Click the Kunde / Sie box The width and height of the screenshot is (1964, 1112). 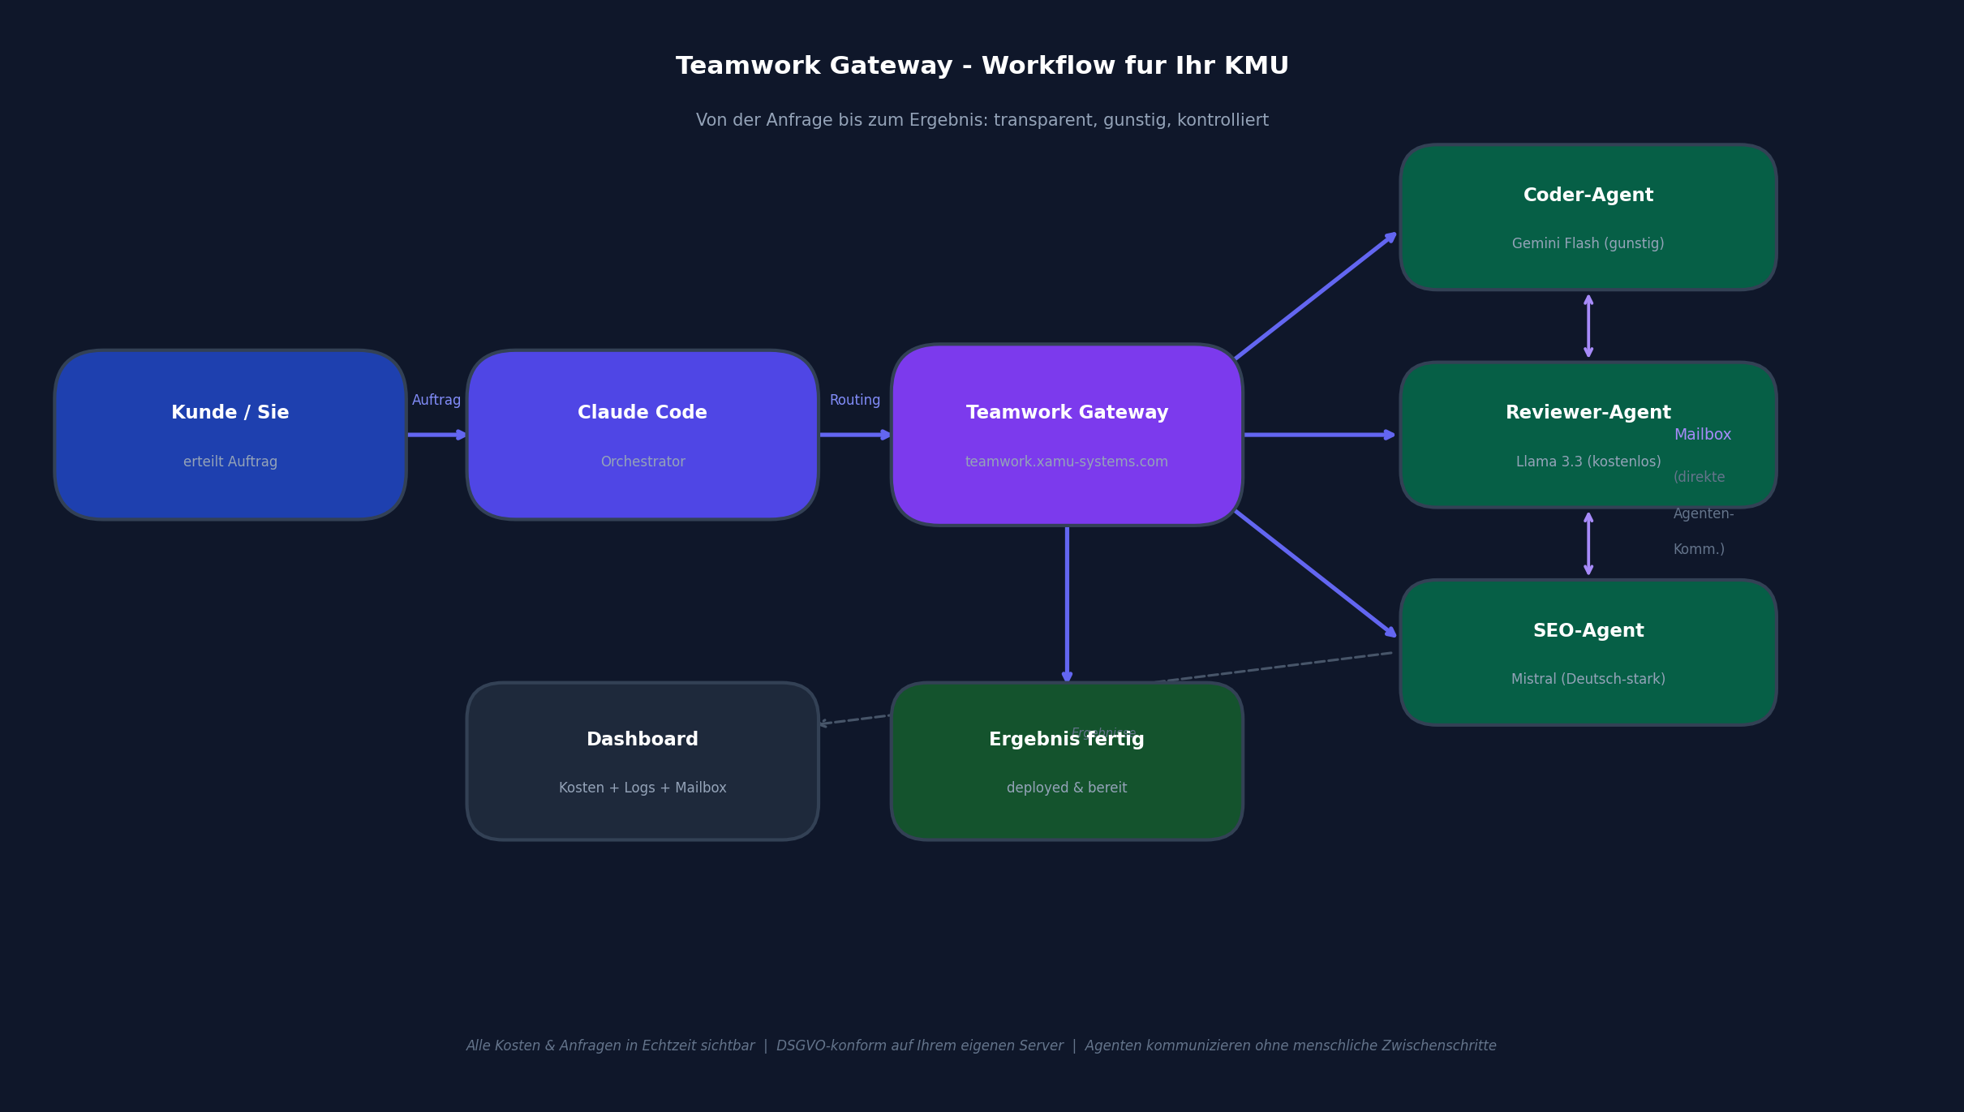230,435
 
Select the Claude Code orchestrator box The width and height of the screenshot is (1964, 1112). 642,435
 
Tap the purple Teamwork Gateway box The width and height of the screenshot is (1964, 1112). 1066,435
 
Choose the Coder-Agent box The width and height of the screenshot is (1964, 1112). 1588,217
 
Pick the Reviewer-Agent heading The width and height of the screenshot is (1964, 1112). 1588,413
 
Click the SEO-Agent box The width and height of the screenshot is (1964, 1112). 1588,652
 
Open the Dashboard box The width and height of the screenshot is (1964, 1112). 642,761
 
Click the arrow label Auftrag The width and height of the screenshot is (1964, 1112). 436,400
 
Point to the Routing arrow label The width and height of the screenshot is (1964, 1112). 854,400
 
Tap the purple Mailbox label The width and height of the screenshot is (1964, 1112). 1702,435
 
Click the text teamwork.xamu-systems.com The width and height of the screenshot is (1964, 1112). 1066,462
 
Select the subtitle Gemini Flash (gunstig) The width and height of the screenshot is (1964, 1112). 1588,243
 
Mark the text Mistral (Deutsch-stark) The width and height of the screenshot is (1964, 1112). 1588,679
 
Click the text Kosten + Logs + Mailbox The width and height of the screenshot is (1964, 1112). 642,788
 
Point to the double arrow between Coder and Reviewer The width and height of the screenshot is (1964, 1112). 1588,326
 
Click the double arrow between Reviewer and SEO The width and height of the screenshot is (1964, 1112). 1588,543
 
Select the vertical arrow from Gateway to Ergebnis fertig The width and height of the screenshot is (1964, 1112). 1066,604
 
